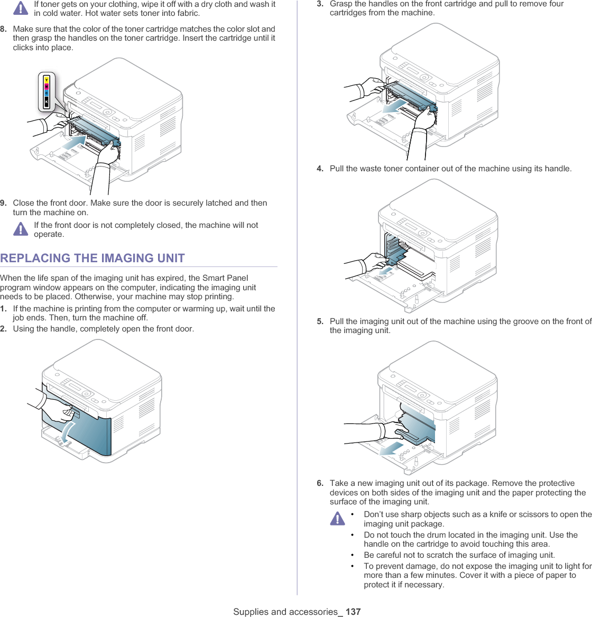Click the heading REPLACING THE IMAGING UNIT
(x=92, y=258)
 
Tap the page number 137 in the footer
(x=353, y=612)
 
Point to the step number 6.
(x=320, y=483)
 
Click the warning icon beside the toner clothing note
(x=21, y=8)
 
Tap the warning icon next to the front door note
(x=21, y=229)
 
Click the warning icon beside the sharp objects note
(x=337, y=519)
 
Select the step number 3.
(x=320, y=4)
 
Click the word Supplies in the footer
(x=251, y=612)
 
